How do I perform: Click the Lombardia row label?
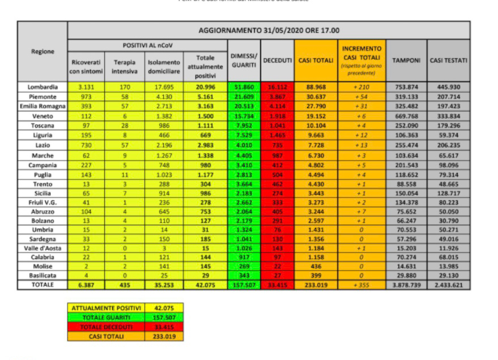tap(42, 87)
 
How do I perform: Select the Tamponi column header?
tap(406, 60)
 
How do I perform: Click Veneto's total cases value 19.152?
tap(315, 115)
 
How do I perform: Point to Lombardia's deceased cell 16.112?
tap(278, 87)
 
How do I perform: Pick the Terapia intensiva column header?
tap(125, 66)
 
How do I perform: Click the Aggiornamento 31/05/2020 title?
tap(269, 30)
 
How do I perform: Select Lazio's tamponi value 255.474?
tap(406, 145)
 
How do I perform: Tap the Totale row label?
tap(42, 284)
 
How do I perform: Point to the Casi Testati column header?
tap(448, 60)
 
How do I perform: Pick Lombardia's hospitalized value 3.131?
tap(87, 87)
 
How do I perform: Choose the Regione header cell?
tap(42, 52)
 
